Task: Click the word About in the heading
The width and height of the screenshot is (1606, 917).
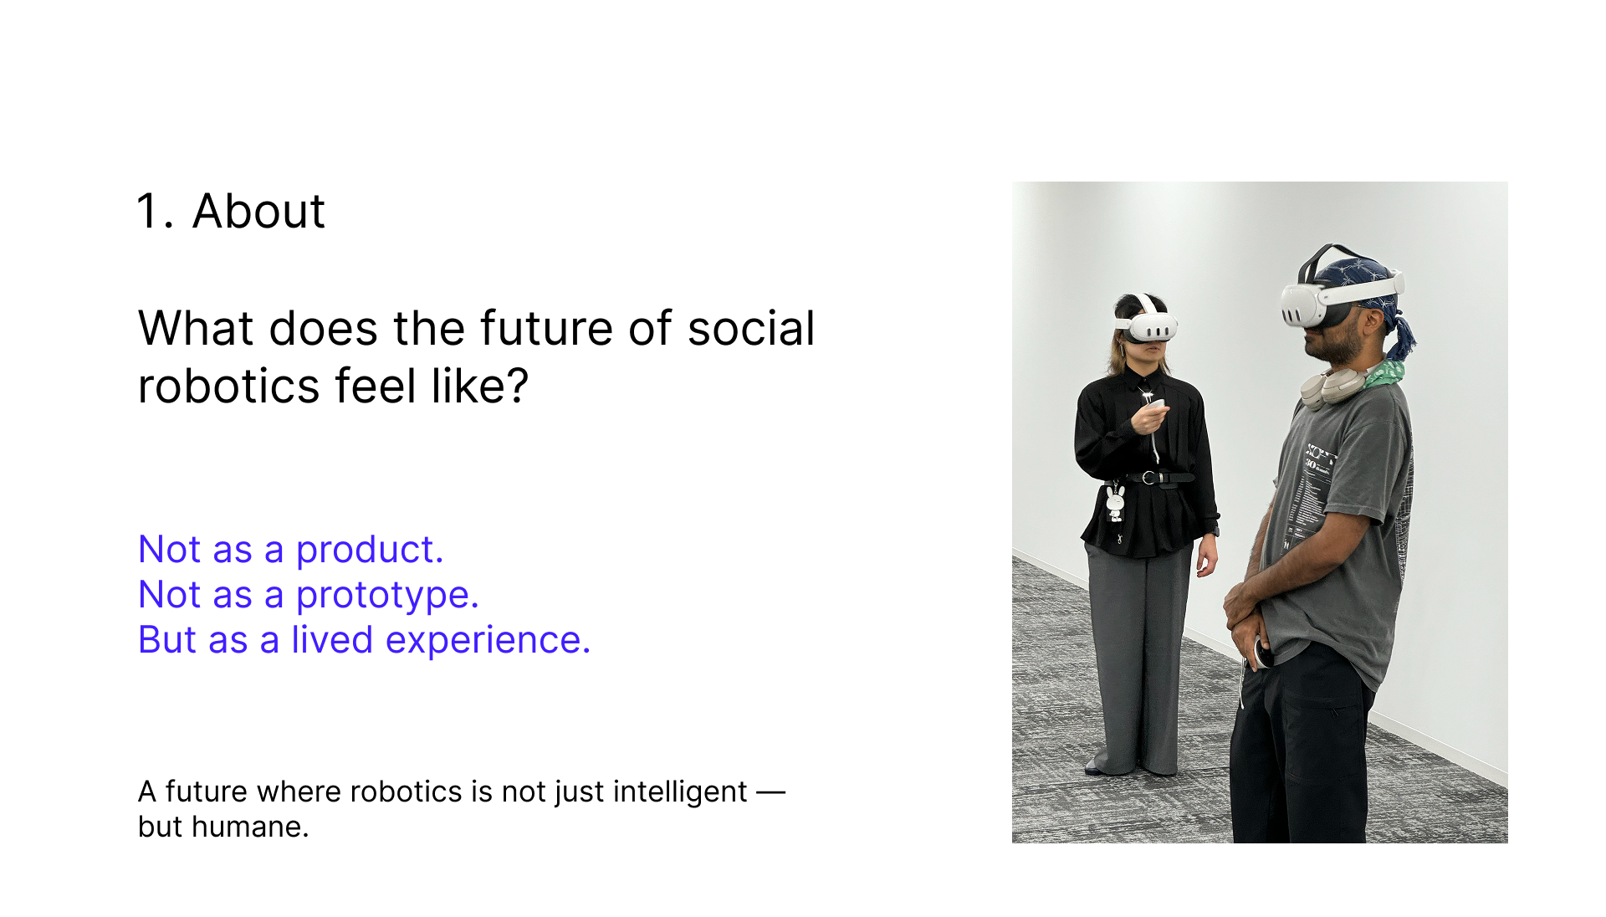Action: [x=258, y=211]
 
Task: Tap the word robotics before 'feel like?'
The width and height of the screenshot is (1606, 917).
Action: [x=228, y=387]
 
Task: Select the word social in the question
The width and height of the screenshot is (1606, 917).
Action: [x=751, y=328]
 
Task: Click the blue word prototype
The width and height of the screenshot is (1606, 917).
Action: [x=387, y=597]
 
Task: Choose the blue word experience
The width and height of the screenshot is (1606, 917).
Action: [x=488, y=642]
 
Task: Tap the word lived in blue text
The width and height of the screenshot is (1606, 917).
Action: [x=332, y=640]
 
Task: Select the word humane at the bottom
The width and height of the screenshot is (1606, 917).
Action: [x=250, y=827]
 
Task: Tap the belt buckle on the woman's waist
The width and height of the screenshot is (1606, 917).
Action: [x=1149, y=478]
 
